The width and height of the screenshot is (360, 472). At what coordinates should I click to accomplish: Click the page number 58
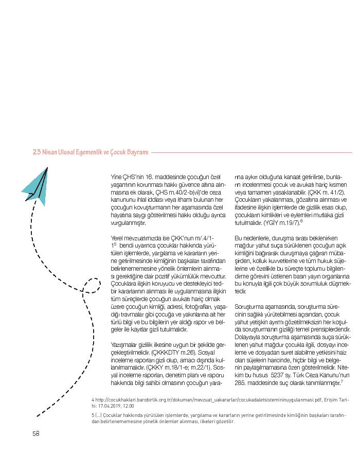36,433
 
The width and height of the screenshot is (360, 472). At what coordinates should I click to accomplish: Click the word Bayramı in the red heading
134,152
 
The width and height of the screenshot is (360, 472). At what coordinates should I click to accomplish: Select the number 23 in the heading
37,152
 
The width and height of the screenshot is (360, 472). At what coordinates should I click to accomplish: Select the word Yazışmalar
125,343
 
